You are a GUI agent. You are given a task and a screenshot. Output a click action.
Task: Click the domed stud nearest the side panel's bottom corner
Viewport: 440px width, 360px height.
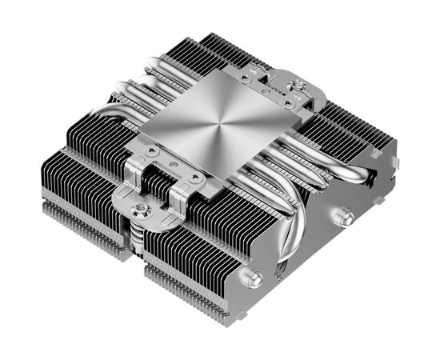(x=254, y=280)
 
